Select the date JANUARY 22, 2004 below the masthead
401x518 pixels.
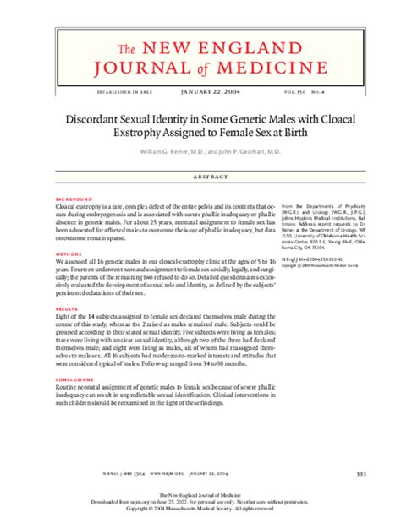pos(200,91)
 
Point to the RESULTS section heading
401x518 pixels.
pos(63,309)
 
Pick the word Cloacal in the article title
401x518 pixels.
pos(331,120)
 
